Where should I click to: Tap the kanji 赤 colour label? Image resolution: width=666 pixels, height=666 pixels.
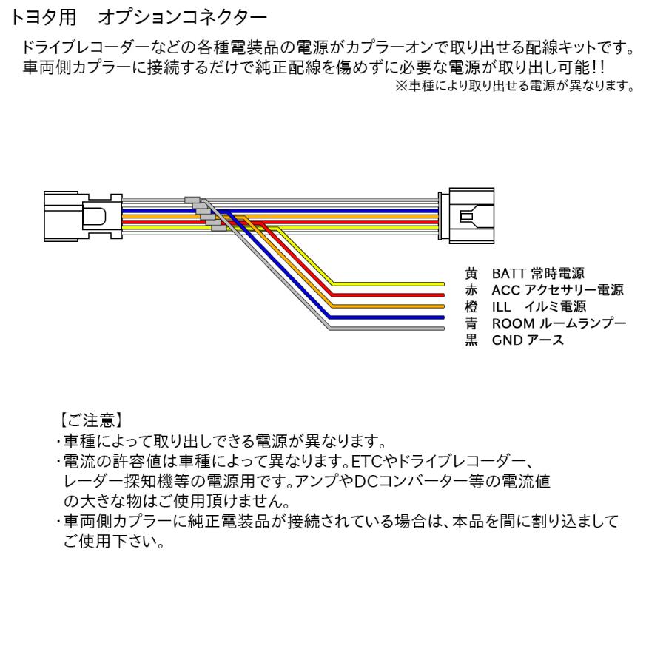coord(470,290)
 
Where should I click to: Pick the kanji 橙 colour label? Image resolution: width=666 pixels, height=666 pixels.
coord(470,306)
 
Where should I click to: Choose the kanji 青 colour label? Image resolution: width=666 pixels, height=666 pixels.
coord(470,323)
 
